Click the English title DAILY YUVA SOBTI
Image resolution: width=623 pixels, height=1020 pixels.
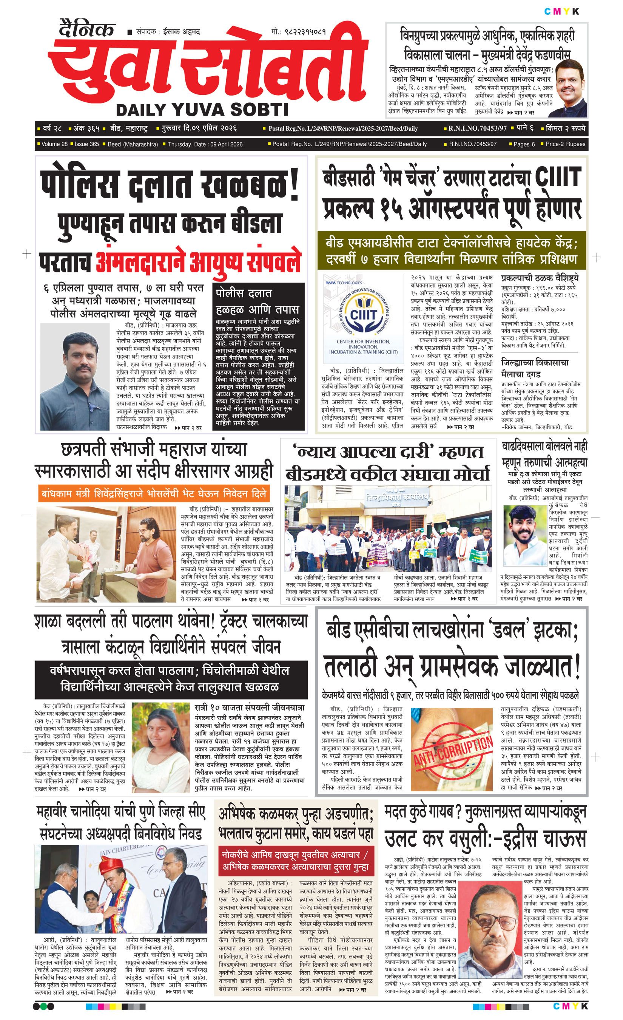[x=202, y=109]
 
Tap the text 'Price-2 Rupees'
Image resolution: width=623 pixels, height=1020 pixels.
[x=565, y=144]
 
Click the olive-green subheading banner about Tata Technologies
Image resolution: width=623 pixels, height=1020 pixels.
[x=451, y=251]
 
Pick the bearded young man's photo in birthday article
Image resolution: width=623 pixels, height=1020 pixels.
[x=525, y=533]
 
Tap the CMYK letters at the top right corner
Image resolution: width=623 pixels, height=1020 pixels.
[x=562, y=12]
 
